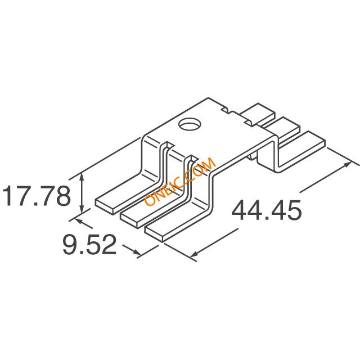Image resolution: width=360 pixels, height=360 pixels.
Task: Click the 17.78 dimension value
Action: [x=35, y=196]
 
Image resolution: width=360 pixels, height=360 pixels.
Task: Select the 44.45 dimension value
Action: [x=266, y=210]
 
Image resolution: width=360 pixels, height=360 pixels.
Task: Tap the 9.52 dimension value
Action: [x=89, y=245]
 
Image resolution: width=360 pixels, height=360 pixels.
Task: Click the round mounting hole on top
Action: [x=190, y=124]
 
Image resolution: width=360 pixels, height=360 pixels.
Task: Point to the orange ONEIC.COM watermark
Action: [x=181, y=181]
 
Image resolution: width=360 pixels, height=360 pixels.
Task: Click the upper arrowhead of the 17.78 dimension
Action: [x=82, y=176]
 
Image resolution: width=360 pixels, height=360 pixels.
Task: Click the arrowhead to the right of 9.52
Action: [x=137, y=253]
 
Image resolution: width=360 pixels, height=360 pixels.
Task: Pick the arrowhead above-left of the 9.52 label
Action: [x=78, y=220]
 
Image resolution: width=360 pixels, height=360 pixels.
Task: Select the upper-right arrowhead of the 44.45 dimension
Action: [x=347, y=164]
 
